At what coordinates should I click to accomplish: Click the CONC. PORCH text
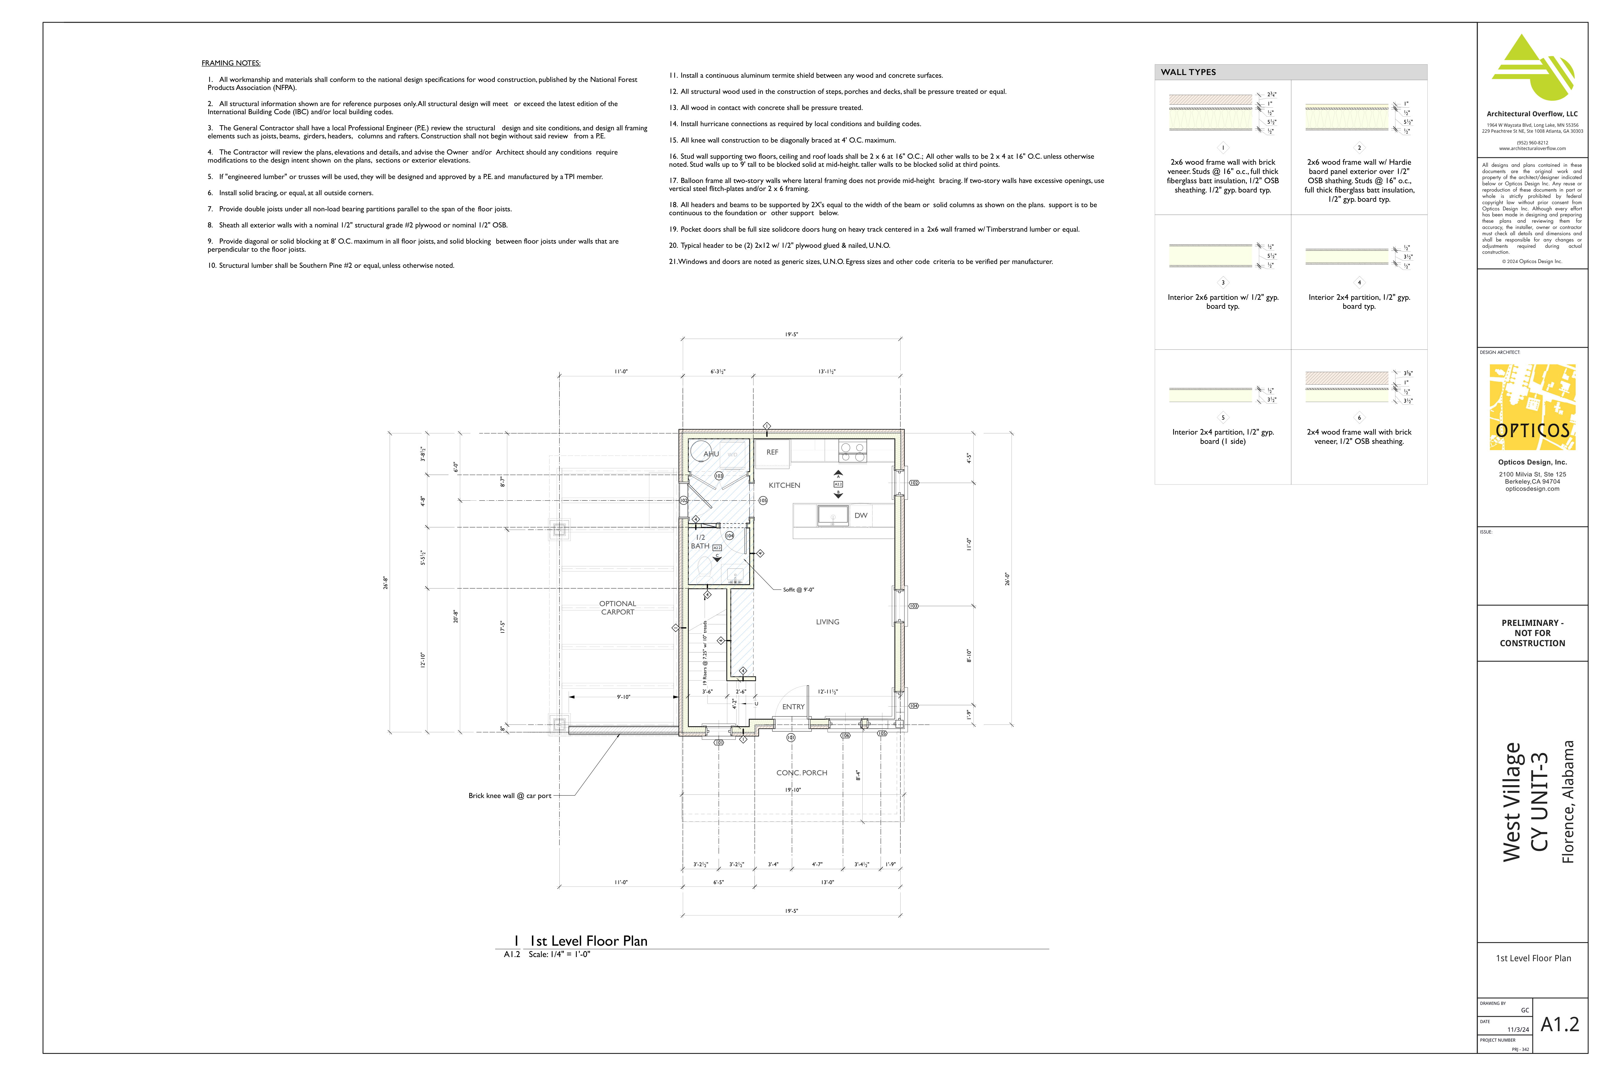[801, 773]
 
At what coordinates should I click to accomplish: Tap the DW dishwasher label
[860, 515]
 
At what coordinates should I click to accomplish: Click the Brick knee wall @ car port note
[509, 796]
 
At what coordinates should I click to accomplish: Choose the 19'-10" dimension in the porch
[792, 790]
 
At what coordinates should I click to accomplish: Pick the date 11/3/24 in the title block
[1518, 1029]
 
